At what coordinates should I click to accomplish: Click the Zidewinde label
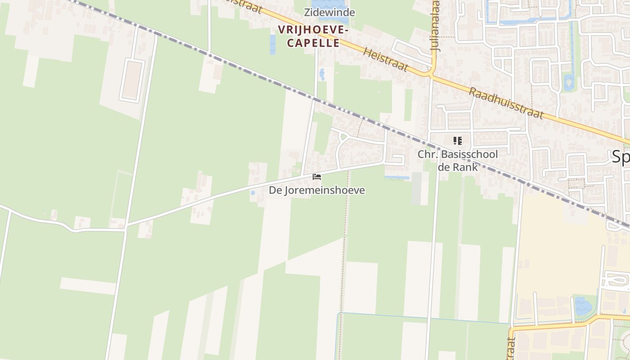tap(329, 13)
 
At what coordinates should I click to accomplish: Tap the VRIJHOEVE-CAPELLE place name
tap(313, 36)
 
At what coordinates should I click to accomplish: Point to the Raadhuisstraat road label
tap(506, 103)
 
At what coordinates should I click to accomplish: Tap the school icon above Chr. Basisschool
tap(458, 141)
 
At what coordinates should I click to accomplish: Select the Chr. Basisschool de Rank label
tap(458, 160)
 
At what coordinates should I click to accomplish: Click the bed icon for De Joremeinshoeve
tap(317, 177)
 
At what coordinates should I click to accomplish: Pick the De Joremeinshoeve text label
tap(317, 190)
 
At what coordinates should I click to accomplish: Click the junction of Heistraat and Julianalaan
tap(432, 73)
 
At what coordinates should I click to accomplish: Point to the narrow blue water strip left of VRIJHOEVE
tap(273, 45)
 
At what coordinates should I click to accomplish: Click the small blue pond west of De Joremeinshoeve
tap(252, 193)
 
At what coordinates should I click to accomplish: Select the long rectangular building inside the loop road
tap(131, 80)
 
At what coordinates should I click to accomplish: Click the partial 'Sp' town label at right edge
tap(621, 157)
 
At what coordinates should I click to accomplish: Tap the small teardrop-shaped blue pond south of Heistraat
tap(322, 74)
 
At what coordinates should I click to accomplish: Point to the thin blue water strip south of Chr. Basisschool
tap(397, 178)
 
